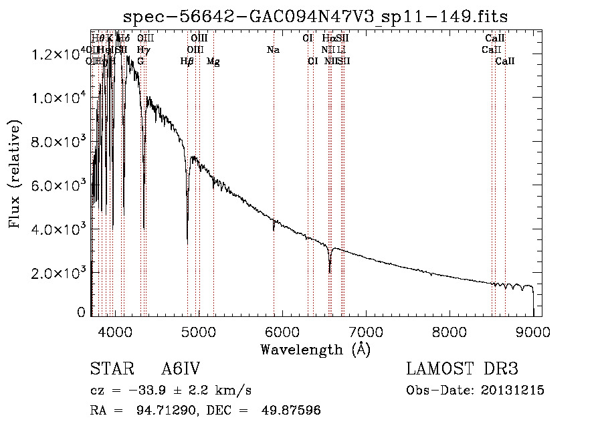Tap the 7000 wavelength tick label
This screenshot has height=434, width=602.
[365, 331]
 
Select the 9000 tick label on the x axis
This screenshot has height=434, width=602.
[533, 331]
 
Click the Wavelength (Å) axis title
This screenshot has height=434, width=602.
[315, 349]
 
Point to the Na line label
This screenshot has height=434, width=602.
[273, 49]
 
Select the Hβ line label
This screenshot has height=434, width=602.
[187, 61]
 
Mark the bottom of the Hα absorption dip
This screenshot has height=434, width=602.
[330, 272]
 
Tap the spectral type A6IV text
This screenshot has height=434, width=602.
[181, 369]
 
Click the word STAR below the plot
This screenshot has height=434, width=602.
[107, 369]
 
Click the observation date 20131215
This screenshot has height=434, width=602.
[515, 391]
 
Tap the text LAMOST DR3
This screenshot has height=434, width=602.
[462, 369]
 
